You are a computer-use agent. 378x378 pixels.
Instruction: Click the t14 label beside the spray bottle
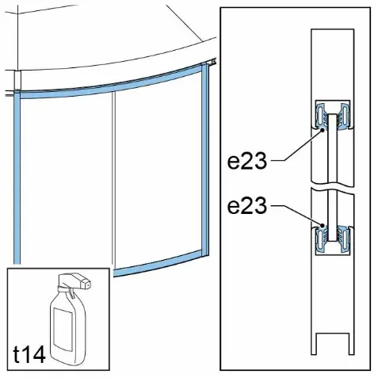(x=29, y=354)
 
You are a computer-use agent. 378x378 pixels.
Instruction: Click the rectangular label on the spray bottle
(x=64, y=330)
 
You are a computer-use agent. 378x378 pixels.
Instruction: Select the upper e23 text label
(x=247, y=161)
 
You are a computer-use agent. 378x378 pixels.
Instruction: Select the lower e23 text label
(x=247, y=205)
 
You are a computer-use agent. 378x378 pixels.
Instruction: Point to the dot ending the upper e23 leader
(x=322, y=130)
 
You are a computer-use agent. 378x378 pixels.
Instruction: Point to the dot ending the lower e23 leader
(x=322, y=225)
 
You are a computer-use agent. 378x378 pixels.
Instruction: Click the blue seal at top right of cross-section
(x=344, y=116)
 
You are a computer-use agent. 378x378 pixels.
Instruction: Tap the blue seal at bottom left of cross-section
(x=322, y=239)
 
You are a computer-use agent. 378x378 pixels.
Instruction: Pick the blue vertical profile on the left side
(x=17, y=177)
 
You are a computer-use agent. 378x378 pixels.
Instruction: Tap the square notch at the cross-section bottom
(x=333, y=344)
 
